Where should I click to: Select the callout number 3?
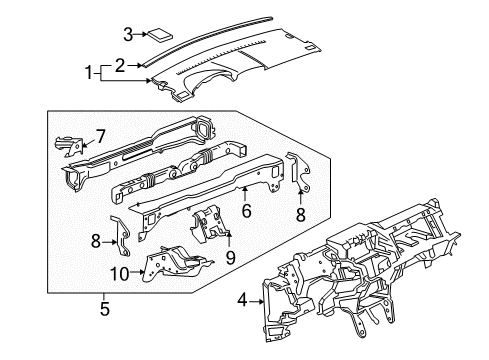click(x=127, y=34)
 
